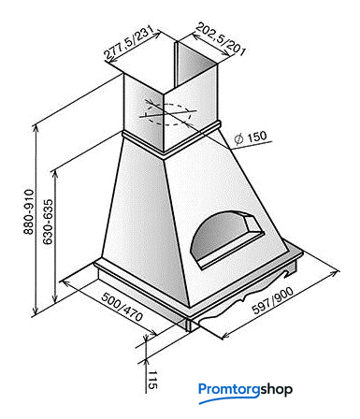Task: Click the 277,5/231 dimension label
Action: (x=129, y=43)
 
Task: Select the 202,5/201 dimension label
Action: (x=221, y=38)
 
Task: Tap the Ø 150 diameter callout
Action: (x=251, y=137)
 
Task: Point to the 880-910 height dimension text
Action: (x=29, y=211)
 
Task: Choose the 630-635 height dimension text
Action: (x=48, y=222)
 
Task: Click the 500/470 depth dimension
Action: (x=122, y=307)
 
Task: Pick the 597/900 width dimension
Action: (x=273, y=300)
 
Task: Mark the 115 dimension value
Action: (x=152, y=380)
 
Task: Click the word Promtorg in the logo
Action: (x=229, y=390)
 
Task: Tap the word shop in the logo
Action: (x=276, y=390)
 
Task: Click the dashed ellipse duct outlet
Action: (x=168, y=114)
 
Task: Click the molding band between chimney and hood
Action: (x=171, y=140)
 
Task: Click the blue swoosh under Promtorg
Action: (x=228, y=399)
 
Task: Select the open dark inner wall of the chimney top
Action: (x=196, y=64)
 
